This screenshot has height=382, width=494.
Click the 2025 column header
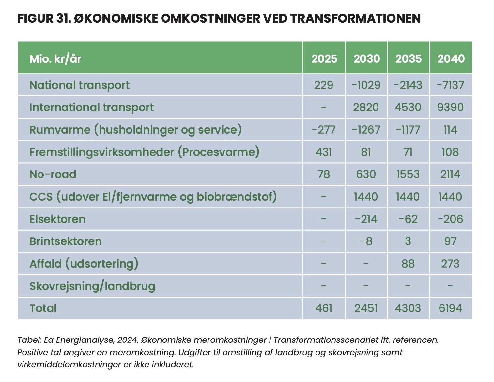pos(324,59)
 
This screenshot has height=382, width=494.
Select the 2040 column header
pos(451,59)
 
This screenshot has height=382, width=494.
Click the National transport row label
pos(79,85)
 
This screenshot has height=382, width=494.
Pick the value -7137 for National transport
pos(450,85)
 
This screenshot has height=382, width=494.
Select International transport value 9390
pos(450,107)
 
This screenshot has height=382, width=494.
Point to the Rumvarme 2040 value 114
pos(450,130)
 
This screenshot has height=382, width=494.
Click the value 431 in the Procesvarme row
pos(324,152)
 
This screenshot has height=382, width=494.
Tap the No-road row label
pos(53,174)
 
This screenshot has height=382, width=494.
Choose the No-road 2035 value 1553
pos(408,174)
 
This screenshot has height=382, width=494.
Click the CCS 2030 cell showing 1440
pos(366,196)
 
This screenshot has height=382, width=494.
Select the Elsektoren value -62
pos(408,219)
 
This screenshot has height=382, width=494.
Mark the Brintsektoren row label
pos(66,241)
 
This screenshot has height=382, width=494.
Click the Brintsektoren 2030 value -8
pos(366,241)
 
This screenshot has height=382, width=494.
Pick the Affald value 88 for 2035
pos(408,264)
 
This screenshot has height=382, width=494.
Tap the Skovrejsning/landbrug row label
pos(92,286)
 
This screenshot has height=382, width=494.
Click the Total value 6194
pos(450,308)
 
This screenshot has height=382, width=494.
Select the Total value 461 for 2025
pos(324,308)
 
